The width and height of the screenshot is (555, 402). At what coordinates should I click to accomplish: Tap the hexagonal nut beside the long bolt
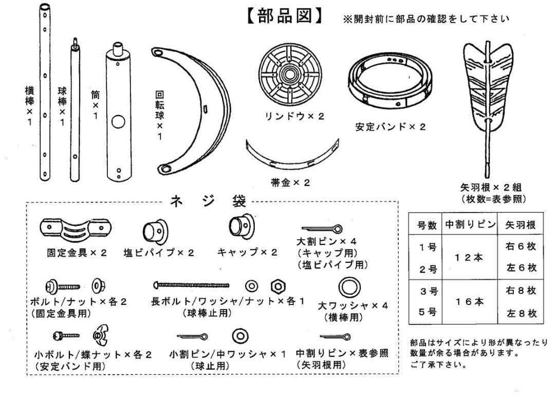(x=278, y=285)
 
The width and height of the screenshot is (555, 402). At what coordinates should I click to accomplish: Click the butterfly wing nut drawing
(x=99, y=336)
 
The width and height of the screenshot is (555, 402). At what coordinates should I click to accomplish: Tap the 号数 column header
(x=426, y=225)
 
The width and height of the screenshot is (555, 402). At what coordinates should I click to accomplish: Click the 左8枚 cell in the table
(x=521, y=313)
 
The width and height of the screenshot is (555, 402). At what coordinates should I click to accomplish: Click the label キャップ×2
(x=247, y=252)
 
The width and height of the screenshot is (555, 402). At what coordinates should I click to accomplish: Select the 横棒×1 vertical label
(x=29, y=105)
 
